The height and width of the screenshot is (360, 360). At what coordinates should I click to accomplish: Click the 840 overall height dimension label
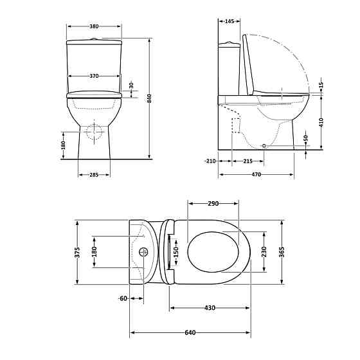tap(149, 98)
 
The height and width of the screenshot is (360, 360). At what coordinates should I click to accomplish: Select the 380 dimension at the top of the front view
tap(94, 26)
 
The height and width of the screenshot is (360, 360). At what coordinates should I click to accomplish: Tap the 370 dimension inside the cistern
tap(94, 76)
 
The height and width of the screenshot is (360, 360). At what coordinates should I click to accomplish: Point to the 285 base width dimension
tap(94, 175)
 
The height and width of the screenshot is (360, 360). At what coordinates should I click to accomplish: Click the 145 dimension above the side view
tap(229, 21)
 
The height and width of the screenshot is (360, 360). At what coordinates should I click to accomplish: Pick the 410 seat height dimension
tap(321, 123)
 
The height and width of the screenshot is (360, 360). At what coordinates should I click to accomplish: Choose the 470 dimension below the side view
tap(256, 174)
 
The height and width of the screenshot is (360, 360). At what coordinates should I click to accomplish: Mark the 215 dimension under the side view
tap(248, 161)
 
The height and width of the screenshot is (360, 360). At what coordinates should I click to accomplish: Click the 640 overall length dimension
tap(190, 332)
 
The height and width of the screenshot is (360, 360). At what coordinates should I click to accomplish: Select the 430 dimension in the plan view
tap(210, 308)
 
